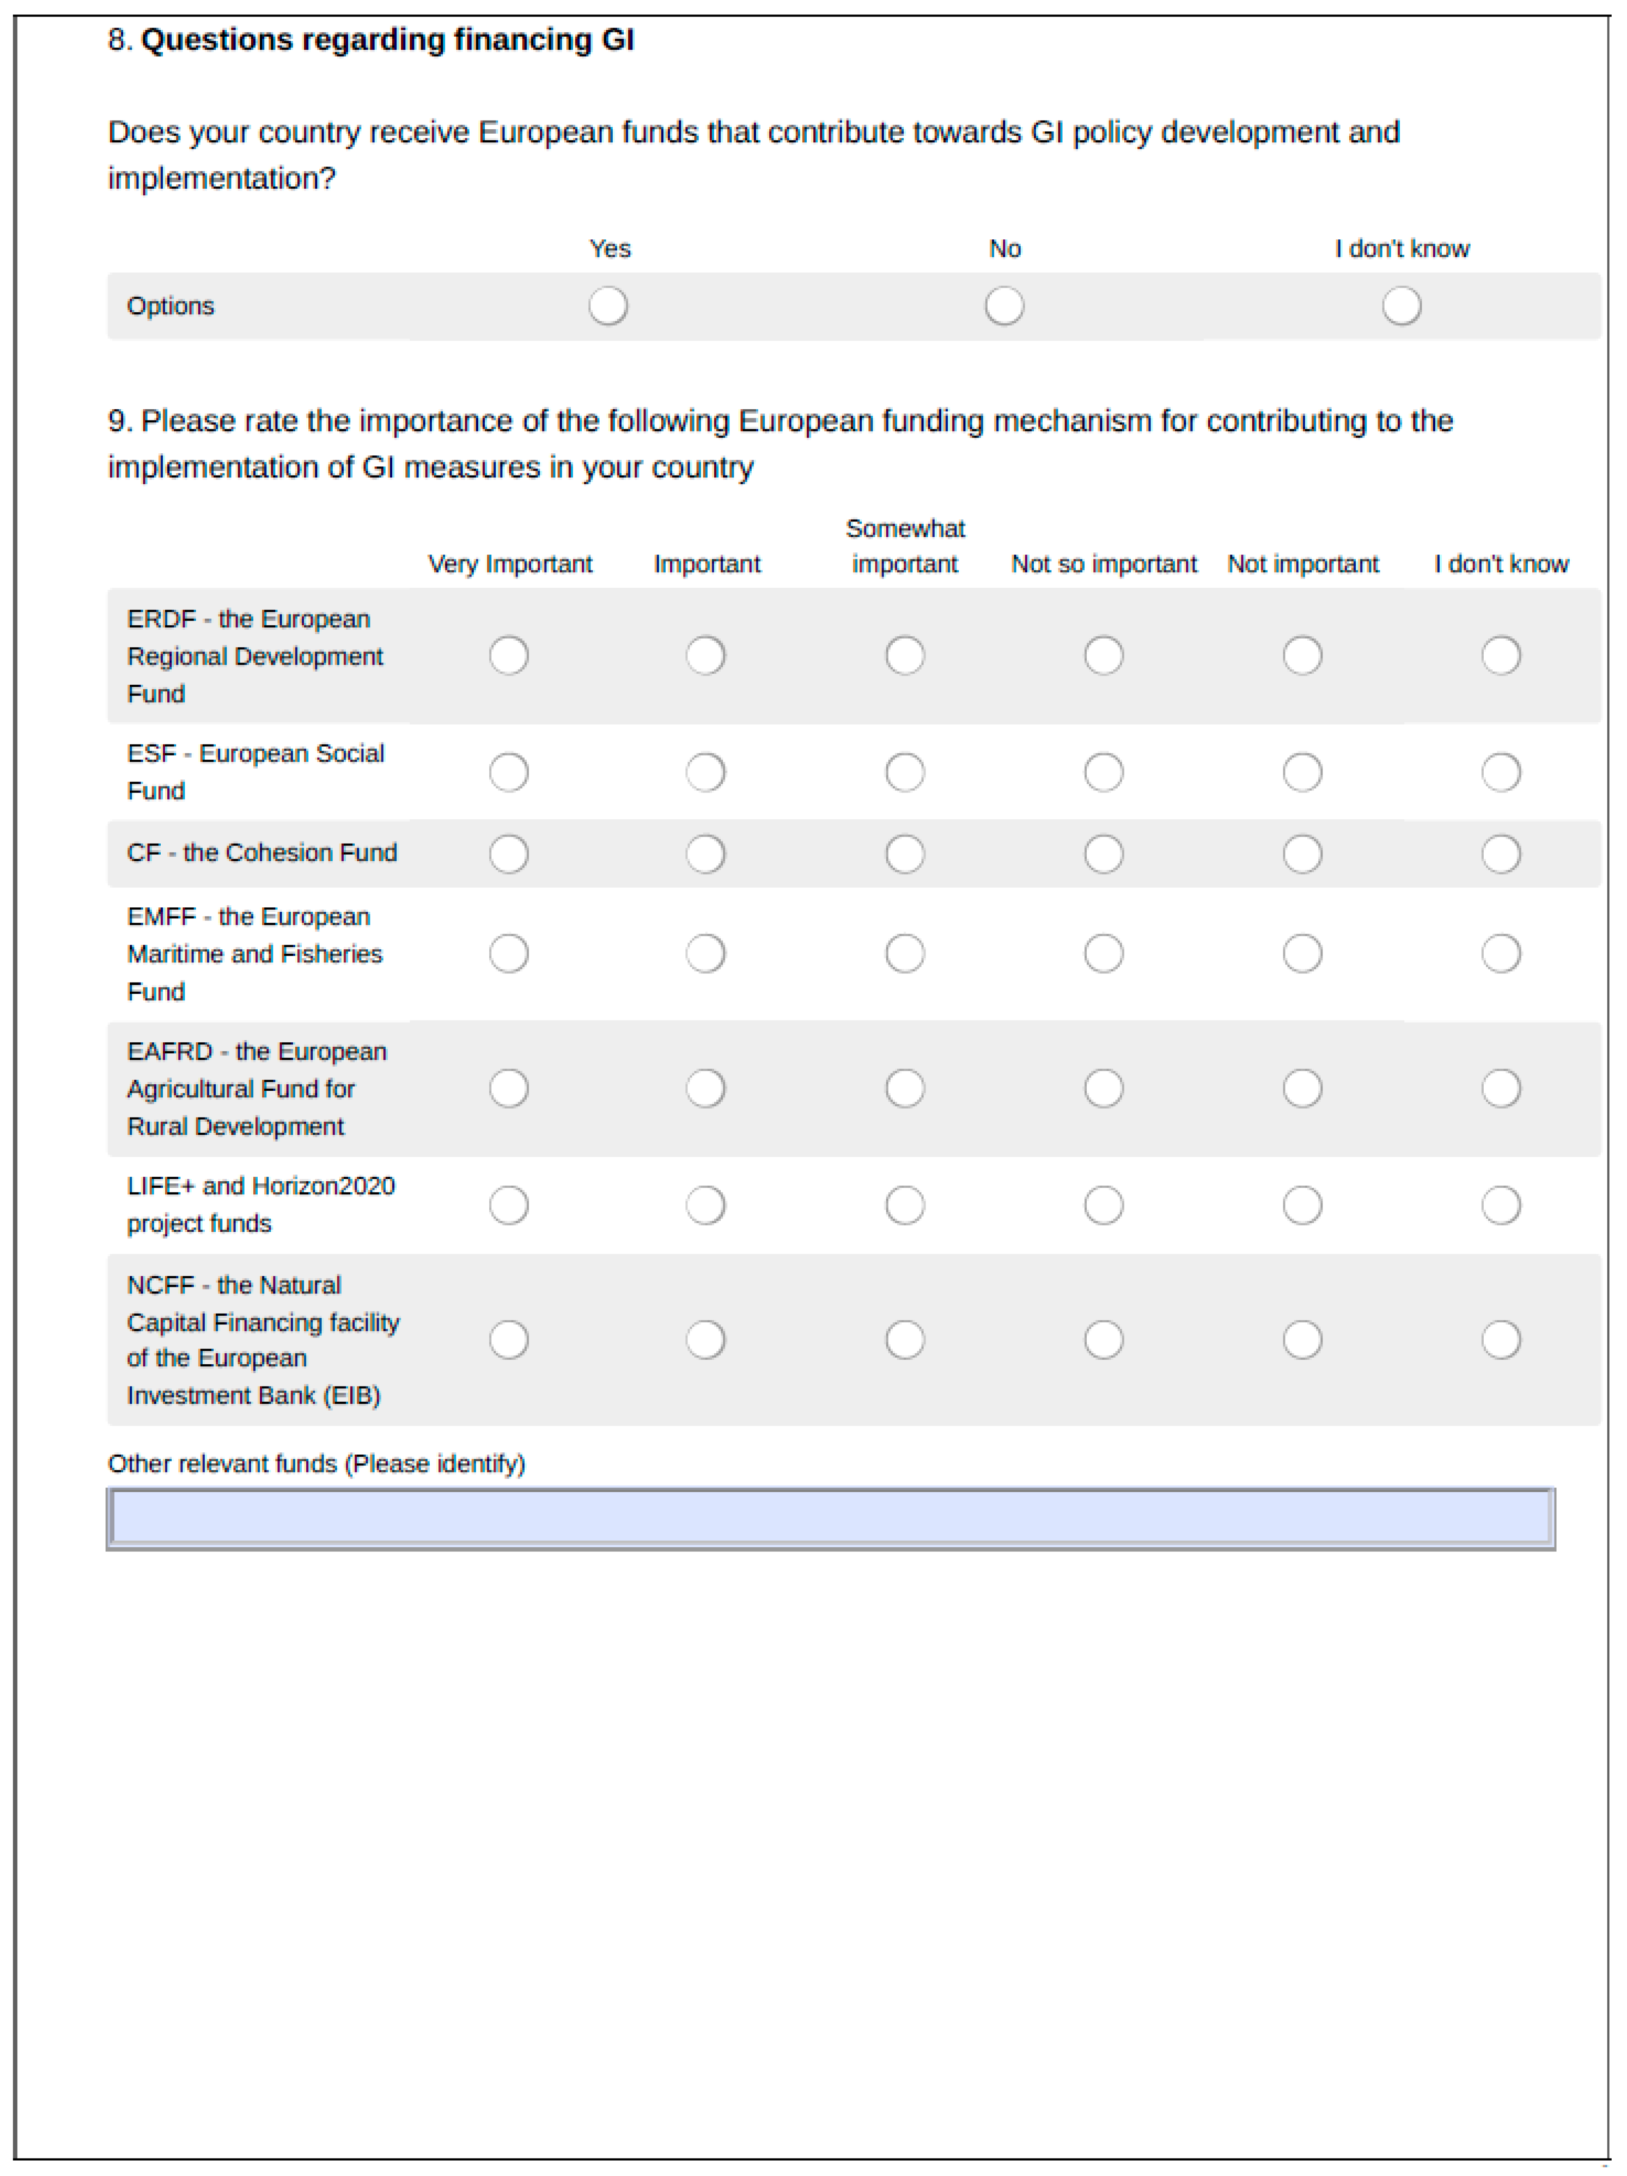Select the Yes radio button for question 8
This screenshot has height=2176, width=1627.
coord(608,306)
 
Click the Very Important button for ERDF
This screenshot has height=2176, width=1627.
coord(508,655)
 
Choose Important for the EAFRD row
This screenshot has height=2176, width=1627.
coord(705,1088)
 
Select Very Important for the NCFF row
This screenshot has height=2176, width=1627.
coord(508,1340)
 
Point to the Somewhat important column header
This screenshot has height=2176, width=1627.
coord(905,546)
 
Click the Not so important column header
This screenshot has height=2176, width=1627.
coord(1104,564)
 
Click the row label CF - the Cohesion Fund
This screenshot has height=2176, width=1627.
coord(262,853)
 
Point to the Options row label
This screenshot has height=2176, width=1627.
coord(170,306)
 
